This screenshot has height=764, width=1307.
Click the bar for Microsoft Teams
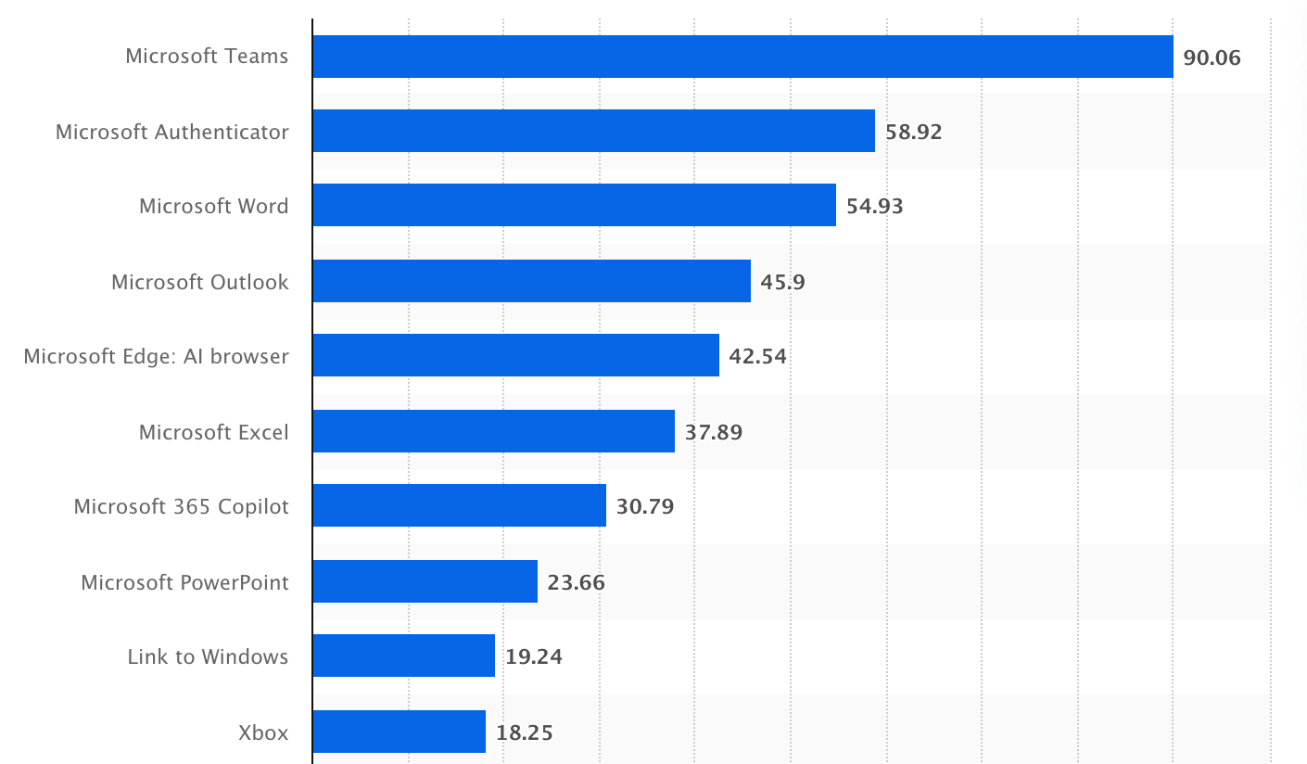[x=742, y=57]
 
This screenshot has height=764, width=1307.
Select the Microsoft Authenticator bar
[x=593, y=131]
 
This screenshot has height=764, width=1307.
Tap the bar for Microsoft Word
[x=574, y=205]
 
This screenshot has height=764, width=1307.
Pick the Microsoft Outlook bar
[x=531, y=281]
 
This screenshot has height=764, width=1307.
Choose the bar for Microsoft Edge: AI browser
[x=515, y=355]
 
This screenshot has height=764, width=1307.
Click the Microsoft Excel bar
[x=493, y=431]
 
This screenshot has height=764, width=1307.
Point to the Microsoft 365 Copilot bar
[x=459, y=505]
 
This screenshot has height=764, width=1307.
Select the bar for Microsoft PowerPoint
[x=425, y=581]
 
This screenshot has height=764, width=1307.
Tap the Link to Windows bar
[x=403, y=656]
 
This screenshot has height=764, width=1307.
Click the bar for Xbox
[x=399, y=732]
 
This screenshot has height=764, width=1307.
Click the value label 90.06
[x=1212, y=57]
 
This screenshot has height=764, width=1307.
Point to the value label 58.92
[x=913, y=132]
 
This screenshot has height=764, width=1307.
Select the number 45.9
[x=782, y=282]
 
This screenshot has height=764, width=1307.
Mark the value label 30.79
[x=644, y=506]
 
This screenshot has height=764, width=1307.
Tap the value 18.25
[x=524, y=732]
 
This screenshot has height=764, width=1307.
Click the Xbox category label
[x=263, y=732]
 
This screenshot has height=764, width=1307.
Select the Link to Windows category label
[x=208, y=656]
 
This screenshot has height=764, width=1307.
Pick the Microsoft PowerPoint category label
[x=184, y=582]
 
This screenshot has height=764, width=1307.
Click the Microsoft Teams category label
[x=207, y=56]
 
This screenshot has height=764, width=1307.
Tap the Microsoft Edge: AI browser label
[x=156, y=356]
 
